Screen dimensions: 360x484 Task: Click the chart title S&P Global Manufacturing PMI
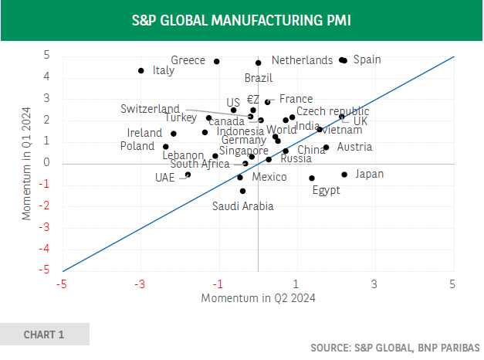242,19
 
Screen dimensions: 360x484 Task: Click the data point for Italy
141,70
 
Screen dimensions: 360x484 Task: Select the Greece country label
188,60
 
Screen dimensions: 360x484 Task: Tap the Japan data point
344,175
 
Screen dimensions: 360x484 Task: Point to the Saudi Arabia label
243,205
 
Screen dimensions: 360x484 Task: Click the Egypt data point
312,178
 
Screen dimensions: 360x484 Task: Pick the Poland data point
165,147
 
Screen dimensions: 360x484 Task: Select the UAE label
164,177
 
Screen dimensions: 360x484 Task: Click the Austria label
354,147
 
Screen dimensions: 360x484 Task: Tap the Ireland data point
174,134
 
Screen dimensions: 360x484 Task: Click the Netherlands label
303,60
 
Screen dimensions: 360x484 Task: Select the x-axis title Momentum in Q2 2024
258,297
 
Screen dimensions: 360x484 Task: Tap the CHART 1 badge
44,335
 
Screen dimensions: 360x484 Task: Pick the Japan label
370,174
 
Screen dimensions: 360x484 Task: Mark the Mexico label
269,177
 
